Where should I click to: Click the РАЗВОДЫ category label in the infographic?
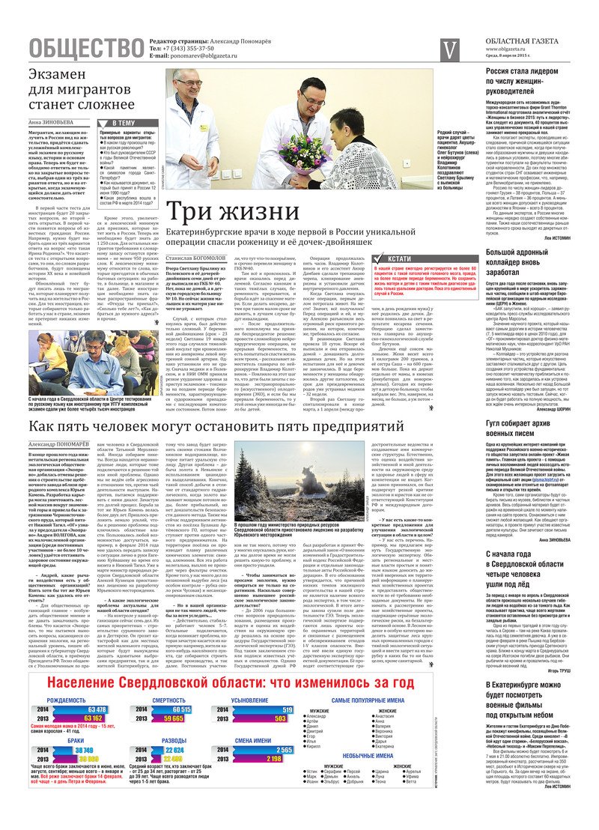coord(174,739)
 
